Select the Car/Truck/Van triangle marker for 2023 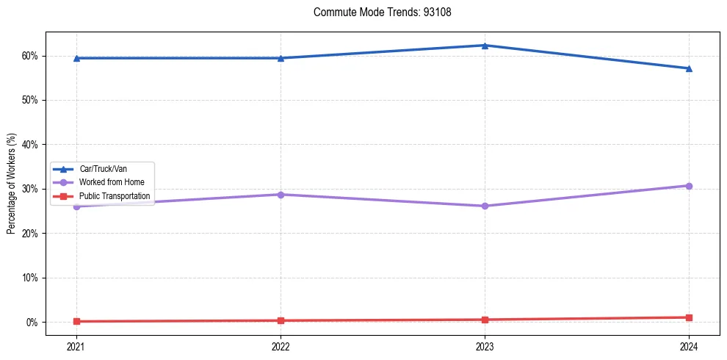click(x=485, y=46)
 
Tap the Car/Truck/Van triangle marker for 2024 click(x=689, y=68)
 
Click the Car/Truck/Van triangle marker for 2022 click(x=281, y=58)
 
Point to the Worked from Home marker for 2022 click(x=281, y=195)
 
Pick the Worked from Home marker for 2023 click(x=485, y=206)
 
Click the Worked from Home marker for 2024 click(x=689, y=186)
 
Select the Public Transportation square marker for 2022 click(x=281, y=320)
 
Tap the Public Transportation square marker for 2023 click(x=485, y=320)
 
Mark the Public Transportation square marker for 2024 click(x=689, y=317)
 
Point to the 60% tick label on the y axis click(x=29, y=56)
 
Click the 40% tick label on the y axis click(x=29, y=145)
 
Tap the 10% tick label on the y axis click(x=29, y=278)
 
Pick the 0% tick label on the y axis click(x=32, y=323)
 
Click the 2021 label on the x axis click(x=76, y=345)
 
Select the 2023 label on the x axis click(x=485, y=345)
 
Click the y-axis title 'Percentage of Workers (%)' click(x=12, y=184)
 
